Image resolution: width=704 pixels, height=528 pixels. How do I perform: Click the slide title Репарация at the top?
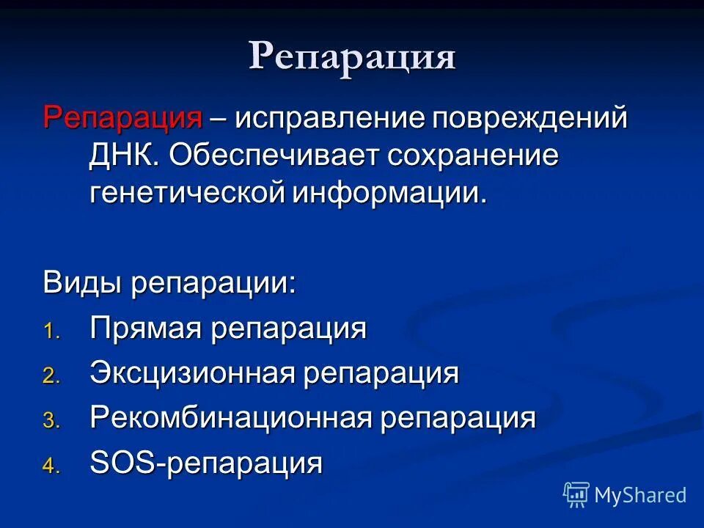(352, 57)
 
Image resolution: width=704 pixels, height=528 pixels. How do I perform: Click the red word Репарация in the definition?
(122, 118)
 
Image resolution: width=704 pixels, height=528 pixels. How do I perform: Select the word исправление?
(330, 118)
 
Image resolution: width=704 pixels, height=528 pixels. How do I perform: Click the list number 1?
(48, 331)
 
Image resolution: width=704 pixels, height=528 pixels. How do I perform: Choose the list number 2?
(48, 376)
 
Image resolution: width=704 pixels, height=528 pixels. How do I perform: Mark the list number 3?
(48, 421)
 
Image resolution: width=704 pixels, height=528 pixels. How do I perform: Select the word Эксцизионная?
(192, 373)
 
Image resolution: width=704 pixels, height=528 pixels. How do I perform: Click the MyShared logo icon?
(576, 495)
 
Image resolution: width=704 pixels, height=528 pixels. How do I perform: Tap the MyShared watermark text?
(640, 496)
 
